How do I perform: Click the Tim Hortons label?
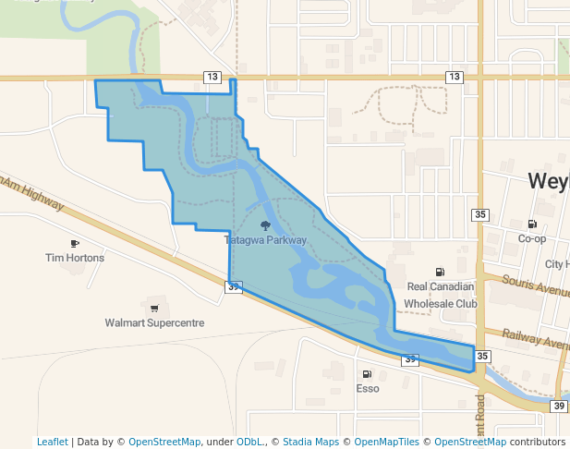(x=75, y=258)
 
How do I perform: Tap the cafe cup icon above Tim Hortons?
(x=75, y=244)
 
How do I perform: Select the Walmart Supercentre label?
(x=154, y=323)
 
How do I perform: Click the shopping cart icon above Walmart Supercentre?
(x=153, y=309)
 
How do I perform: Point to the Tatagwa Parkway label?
(x=265, y=240)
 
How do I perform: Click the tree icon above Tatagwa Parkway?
(x=265, y=225)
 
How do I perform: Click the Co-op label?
(x=532, y=238)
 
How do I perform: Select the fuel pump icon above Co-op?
(x=532, y=224)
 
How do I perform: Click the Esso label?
(x=368, y=389)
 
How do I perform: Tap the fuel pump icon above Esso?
(x=368, y=374)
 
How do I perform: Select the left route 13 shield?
(x=213, y=77)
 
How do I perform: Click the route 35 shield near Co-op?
(x=479, y=215)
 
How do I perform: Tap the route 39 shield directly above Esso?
(x=410, y=359)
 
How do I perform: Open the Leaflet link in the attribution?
(x=52, y=442)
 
